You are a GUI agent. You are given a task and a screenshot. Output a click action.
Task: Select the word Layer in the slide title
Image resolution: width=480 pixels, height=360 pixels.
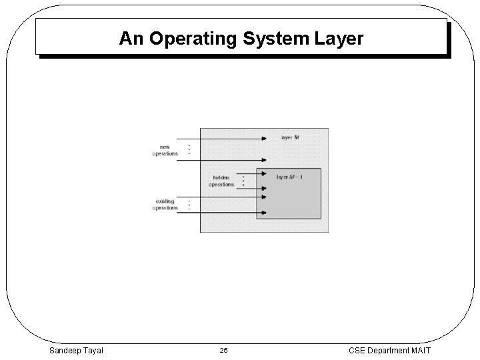pyautogui.click(x=338, y=39)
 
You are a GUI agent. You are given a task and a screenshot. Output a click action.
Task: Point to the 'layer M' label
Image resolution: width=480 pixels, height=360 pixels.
pyautogui.click(x=290, y=137)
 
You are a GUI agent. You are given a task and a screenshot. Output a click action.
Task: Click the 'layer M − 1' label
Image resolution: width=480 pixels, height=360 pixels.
pyautogui.click(x=291, y=177)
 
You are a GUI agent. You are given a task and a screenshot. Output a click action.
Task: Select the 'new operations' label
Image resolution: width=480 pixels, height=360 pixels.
pyautogui.click(x=165, y=150)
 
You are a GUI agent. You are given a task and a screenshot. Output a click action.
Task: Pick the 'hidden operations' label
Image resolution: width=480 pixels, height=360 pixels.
pyautogui.click(x=221, y=181)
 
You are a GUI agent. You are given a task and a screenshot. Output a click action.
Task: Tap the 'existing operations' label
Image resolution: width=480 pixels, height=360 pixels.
pyautogui.click(x=165, y=205)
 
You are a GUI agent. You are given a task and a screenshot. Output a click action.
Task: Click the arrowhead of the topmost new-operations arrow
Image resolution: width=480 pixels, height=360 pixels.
pyautogui.click(x=264, y=139)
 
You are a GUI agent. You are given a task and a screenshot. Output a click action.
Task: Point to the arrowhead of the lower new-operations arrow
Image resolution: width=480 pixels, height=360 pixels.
pyautogui.click(x=264, y=160)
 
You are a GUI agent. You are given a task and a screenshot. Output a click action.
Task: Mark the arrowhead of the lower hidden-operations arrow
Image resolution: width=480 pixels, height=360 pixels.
pyautogui.click(x=264, y=188)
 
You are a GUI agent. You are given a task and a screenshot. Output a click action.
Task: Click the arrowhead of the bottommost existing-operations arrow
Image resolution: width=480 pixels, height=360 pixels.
pyautogui.click(x=264, y=213)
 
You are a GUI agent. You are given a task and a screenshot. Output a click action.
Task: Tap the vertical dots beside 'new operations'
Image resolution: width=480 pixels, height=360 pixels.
pyautogui.click(x=189, y=149)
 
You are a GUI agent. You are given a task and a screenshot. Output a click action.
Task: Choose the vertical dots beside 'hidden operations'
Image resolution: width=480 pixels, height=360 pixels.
pyautogui.click(x=243, y=181)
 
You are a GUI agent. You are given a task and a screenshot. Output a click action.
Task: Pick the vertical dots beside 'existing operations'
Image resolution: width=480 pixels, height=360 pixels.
pyautogui.click(x=189, y=205)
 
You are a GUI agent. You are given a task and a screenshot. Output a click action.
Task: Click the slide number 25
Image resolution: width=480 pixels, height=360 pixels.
pyautogui.click(x=224, y=350)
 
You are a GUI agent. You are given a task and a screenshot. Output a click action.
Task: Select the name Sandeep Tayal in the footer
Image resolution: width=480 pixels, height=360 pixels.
pyautogui.click(x=75, y=349)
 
